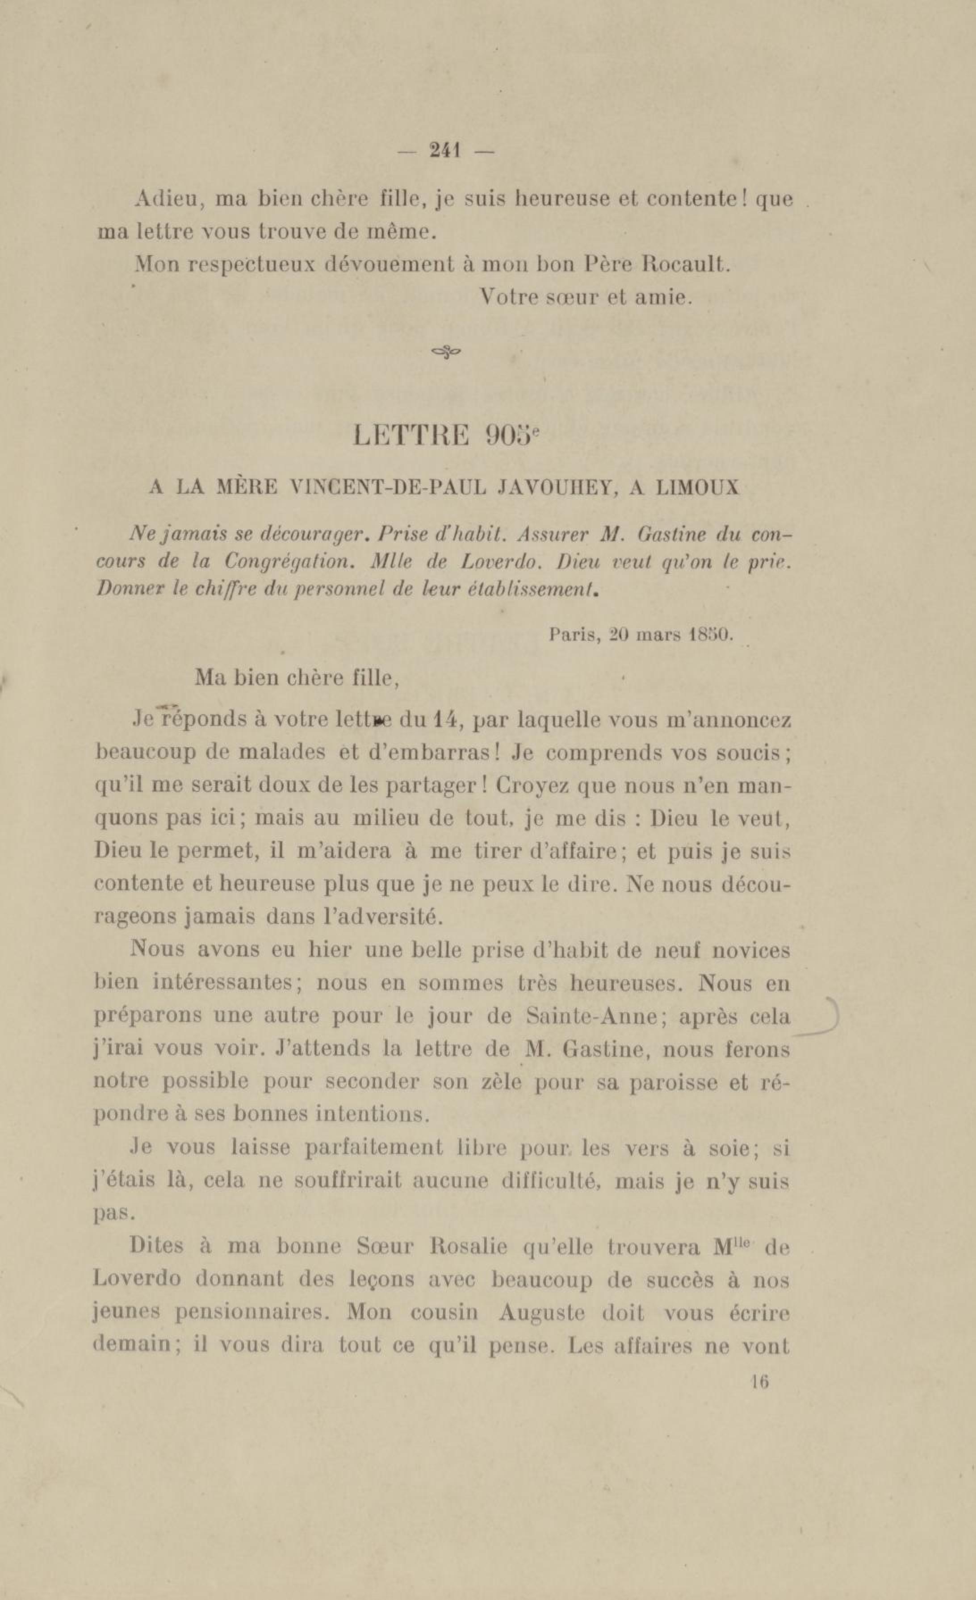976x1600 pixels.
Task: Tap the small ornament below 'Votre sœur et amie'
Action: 446,352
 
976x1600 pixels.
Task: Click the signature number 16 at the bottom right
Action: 759,1381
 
